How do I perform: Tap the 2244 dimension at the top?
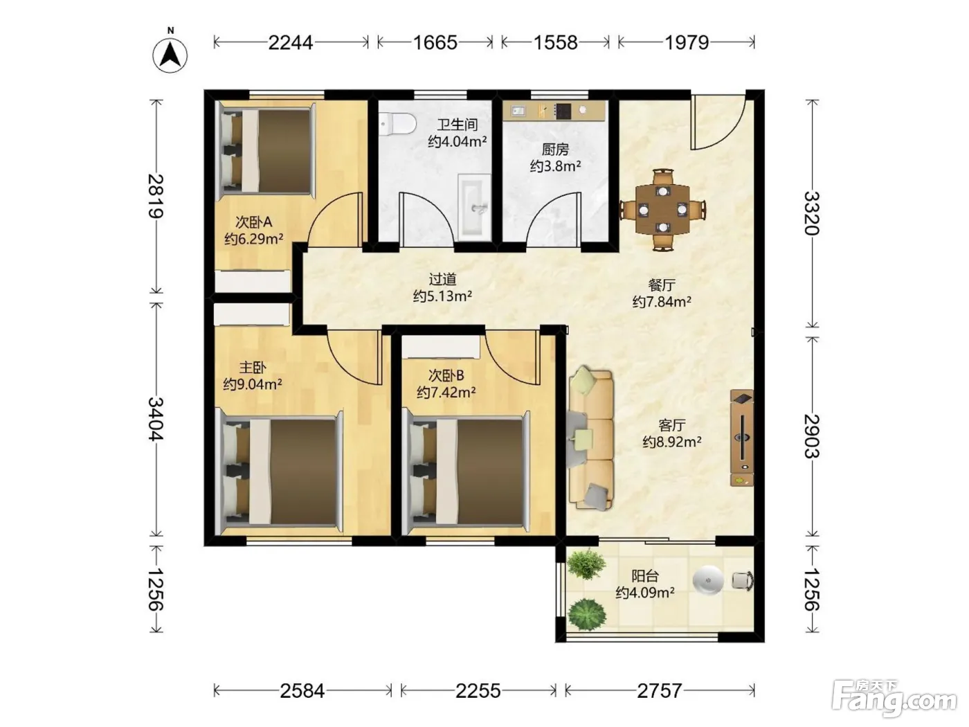(291, 43)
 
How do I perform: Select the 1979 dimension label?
(687, 43)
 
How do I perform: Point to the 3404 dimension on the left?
(156, 419)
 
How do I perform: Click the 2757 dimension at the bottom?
(659, 691)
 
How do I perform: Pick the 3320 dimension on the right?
(811, 214)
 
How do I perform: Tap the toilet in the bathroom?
(397, 123)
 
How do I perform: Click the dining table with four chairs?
(662, 210)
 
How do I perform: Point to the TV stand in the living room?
(742, 438)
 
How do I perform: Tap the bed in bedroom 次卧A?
(267, 151)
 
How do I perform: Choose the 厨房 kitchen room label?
(555, 150)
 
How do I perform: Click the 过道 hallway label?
(442, 279)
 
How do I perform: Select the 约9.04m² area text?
(253, 384)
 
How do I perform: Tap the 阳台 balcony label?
(645, 576)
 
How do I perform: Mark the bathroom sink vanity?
(474, 207)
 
